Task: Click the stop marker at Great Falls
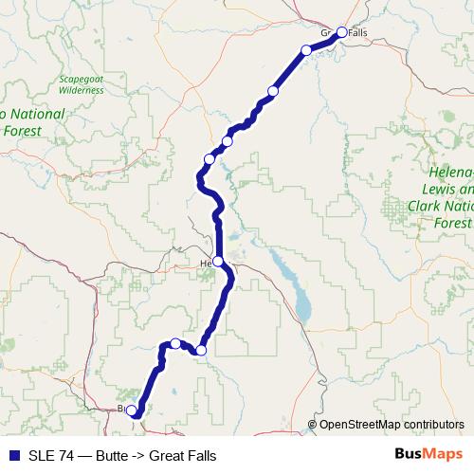click(342, 31)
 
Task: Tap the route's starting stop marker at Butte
click(132, 410)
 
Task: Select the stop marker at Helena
click(218, 261)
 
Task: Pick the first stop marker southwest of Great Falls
click(306, 50)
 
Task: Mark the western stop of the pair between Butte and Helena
click(175, 343)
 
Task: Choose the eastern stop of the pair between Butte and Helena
click(200, 351)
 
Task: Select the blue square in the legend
click(13, 455)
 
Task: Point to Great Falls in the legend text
click(183, 455)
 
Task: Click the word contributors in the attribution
click(434, 425)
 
